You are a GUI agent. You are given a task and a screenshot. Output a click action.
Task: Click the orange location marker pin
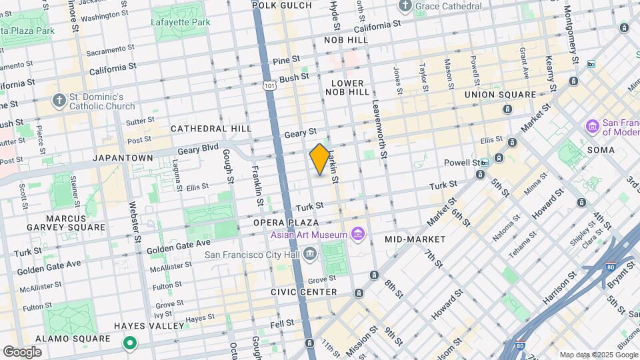point(320,160)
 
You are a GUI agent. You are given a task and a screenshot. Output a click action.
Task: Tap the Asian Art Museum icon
point(358,234)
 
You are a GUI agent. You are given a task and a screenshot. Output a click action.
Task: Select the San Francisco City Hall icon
point(309,253)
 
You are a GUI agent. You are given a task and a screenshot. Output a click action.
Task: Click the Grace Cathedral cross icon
point(405,7)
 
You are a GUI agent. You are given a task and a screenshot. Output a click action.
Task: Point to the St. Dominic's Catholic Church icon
point(59,100)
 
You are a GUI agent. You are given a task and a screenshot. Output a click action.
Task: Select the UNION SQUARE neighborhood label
point(500,95)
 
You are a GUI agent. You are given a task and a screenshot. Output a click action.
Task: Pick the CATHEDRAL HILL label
point(211,128)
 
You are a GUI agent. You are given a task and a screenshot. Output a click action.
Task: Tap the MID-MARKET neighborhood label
point(415,239)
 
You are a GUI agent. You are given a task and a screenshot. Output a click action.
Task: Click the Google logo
point(23,351)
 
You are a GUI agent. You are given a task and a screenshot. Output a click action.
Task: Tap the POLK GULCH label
point(282,5)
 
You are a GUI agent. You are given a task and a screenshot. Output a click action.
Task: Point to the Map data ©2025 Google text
point(597,355)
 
